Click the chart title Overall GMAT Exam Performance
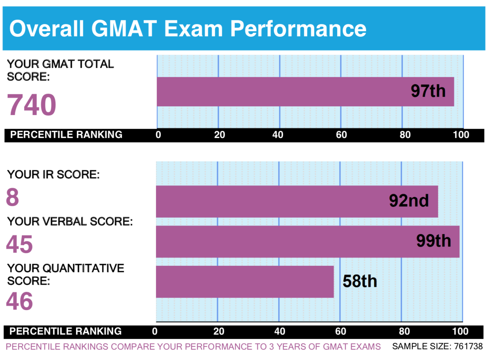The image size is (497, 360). pos(188,28)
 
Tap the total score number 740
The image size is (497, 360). pos(32,105)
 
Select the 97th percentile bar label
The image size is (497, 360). pos(428,91)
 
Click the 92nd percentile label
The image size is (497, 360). pos(409,201)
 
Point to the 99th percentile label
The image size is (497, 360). pos(433,241)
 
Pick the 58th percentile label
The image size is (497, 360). pos(360,281)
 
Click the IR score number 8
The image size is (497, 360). pos(12,197)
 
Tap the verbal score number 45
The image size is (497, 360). pos(19,244)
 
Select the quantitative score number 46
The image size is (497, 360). pos(19,301)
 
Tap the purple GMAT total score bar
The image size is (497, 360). pos(277,92)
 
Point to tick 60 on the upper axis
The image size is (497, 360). pos(341,135)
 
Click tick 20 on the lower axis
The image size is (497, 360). pos(218,331)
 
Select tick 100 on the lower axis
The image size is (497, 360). pos(460,331)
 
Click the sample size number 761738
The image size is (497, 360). pos(468,347)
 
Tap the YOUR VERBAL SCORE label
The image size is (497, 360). pos(70,222)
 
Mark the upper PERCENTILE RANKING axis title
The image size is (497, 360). pos(66,135)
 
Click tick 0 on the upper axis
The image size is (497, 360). pos(158,135)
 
